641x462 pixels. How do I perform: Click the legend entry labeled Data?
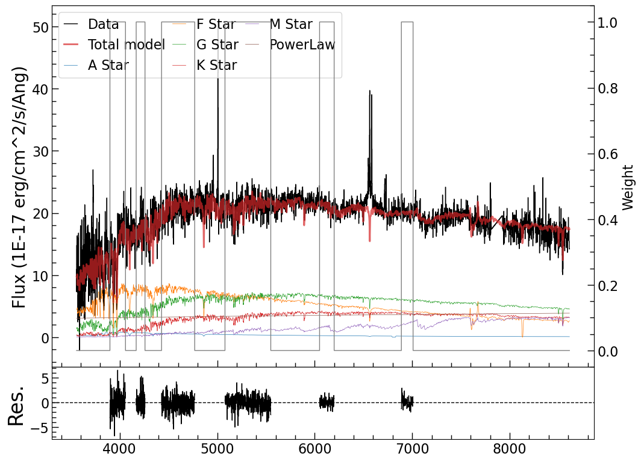pos(103,25)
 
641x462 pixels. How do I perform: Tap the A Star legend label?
pos(108,65)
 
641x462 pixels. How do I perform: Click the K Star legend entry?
pos(216,65)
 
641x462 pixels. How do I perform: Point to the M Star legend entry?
pos(290,25)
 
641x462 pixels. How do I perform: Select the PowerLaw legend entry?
pos(302,45)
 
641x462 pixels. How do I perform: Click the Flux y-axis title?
pos(20,186)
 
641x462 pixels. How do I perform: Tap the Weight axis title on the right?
pos(628,187)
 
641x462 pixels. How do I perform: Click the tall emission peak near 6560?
pos(370,92)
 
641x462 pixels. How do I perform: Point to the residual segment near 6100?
pos(327,402)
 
